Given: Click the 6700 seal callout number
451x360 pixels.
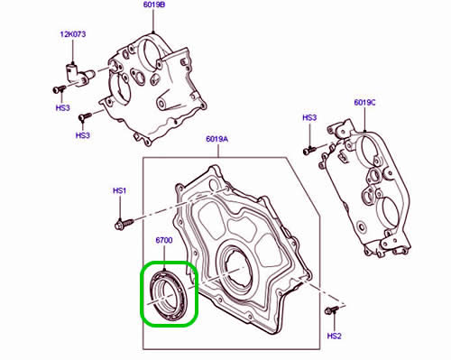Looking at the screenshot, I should tap(164, 241).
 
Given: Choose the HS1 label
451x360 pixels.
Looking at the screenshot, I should tap(121, 191).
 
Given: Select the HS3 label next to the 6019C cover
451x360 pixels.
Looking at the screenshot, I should tap(309, 118).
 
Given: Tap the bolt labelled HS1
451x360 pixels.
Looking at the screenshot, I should tap(123, 220).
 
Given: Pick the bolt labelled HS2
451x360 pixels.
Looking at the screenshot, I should tap(330, 310).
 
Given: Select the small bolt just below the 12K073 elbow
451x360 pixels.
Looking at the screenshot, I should tap(57, 89).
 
